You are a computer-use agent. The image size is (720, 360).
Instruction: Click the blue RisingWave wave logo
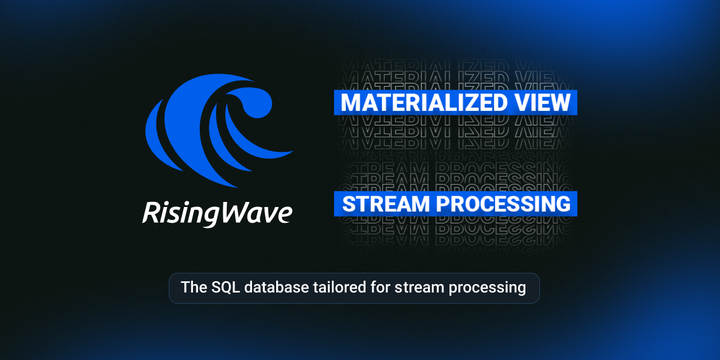coord(215,130)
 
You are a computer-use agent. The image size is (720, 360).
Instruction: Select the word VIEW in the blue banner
coord(544,103)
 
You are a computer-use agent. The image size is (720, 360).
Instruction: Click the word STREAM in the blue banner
coord(386,203)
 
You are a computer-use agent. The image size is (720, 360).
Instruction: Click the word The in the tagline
coord(193,288)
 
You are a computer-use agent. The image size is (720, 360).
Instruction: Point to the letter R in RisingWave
coord(149,211)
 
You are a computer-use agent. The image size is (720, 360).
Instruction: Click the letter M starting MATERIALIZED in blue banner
coord(349,103)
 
